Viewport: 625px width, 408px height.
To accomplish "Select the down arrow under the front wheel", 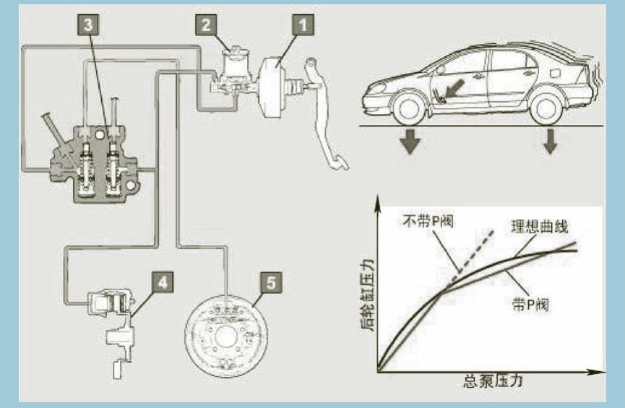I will coord(411,141).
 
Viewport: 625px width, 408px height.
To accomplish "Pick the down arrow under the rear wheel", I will coord(550,142).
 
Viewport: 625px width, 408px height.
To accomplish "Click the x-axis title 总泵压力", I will coord(491,382).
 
